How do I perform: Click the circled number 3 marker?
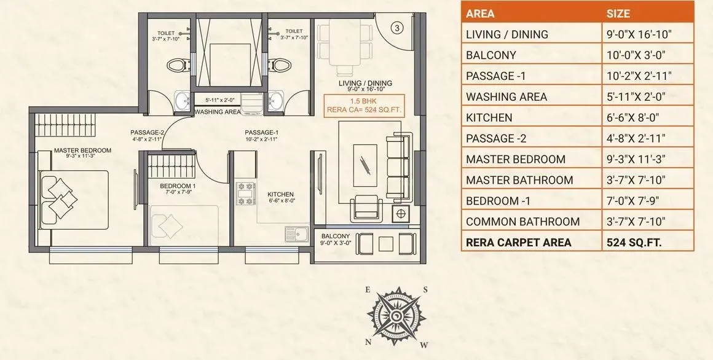point(398,28)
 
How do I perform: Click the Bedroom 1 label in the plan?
point(178,186)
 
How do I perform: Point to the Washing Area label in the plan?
point(218,112)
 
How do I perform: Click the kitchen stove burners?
point(245,193)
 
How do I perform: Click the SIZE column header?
point(618,14)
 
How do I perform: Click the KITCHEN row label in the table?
point(489,117)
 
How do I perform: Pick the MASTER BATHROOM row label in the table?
point(519,180)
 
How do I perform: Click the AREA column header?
point(480,14)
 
